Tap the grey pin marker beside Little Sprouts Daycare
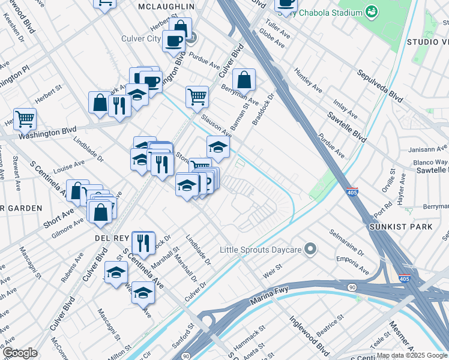(310, 248)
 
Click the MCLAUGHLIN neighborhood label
(166, 6)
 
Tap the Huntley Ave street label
(308, 80)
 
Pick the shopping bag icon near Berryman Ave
(244, 80)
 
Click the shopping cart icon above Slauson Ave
(197, 97)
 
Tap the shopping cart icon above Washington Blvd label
(25, 118)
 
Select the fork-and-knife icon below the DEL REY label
(143, 242)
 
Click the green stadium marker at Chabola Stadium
(372, 12)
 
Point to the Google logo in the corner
(20, 353)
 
